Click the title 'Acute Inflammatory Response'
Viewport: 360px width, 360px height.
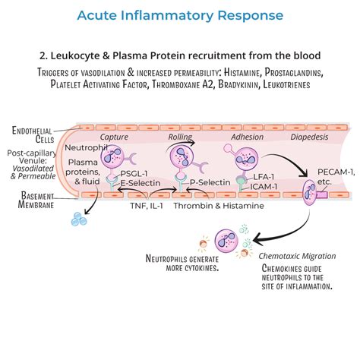click(180, 15)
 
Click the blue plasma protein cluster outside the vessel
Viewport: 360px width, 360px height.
click(77, 219)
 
